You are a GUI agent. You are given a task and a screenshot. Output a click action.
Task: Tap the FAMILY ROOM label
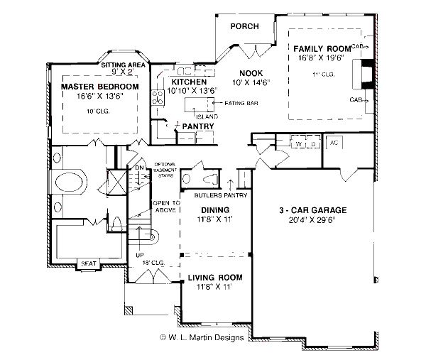coord(319,49)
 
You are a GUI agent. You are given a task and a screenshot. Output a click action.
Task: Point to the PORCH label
coord(245,26)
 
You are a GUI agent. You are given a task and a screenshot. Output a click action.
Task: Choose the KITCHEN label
coord(185,82)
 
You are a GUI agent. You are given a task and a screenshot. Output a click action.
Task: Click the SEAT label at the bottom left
coord(88,263)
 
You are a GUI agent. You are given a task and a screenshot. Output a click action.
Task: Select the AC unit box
coord(334,144)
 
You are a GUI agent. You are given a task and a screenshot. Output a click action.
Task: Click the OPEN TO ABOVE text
coord(166,207)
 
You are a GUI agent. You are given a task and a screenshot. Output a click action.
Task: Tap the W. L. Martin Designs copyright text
coord(202,337)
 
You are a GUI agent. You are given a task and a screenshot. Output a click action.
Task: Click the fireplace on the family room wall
coord(366,74)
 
